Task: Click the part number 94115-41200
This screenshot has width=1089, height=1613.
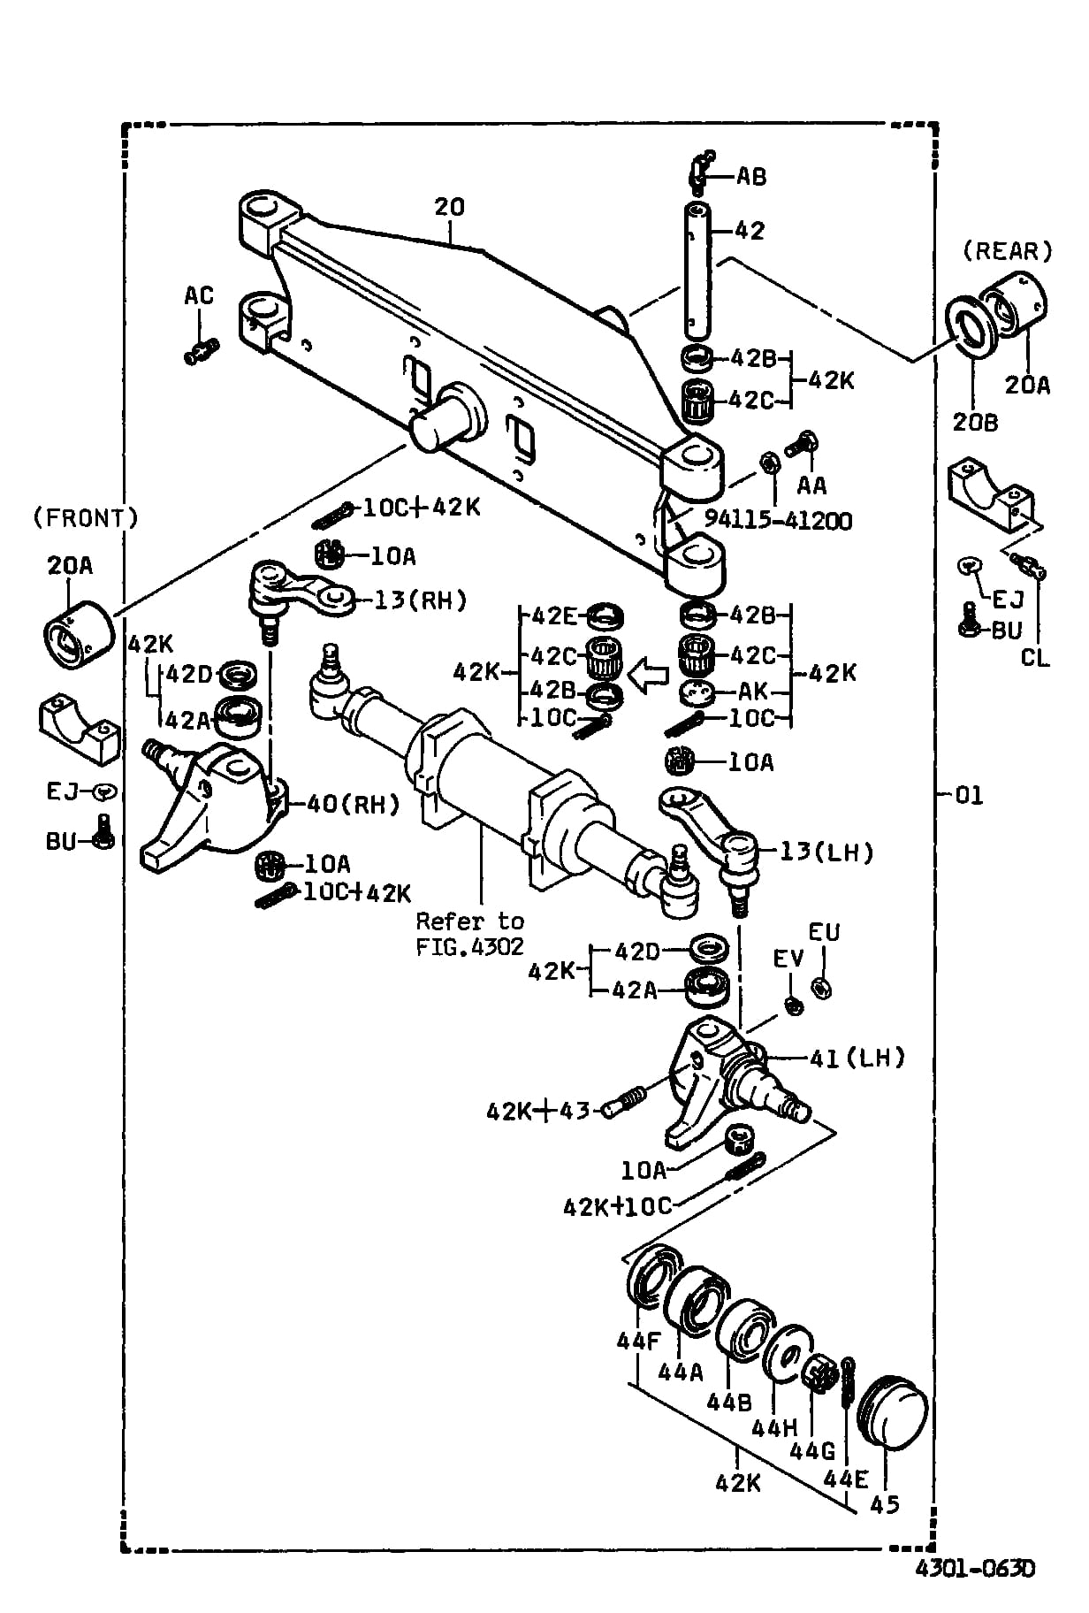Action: click(778, 520)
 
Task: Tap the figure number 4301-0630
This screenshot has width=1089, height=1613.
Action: click(974, 1569)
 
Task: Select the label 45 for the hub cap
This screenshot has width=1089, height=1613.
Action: click(884, 1503)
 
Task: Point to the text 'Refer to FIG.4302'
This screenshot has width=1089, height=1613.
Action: click(469, 933)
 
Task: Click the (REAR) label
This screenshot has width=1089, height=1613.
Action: click(1007, 251)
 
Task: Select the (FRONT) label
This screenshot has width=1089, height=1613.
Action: click(85, 518)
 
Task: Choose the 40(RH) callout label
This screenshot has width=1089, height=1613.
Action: click(353, 804)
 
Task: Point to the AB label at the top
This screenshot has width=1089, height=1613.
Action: click(750, 176)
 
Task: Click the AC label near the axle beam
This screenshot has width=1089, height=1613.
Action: click(199, 294)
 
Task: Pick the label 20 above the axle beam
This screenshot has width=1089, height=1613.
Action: click(449, 207)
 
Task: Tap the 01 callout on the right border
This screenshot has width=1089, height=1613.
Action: click(969, 795)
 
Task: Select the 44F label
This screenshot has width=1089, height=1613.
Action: click(638, 1342)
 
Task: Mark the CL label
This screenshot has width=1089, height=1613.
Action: click(1035, 658)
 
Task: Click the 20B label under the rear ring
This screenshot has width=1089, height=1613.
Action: click(975, 423)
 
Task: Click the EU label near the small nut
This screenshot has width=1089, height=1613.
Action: click(824, 932)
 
